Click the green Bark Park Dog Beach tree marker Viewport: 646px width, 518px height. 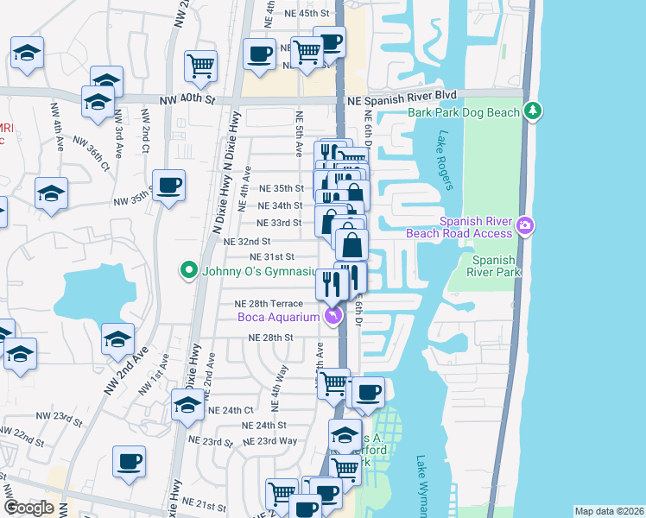click(x=534, y=111)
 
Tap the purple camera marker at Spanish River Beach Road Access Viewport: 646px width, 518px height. click(x=526, y=227)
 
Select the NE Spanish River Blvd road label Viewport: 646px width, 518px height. click(x=401, y=100)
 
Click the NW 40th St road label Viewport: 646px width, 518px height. click(x=188, y=100)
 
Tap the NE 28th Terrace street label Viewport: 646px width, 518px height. click(x=269, y=304)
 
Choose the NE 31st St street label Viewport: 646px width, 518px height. click(x=272, y=256)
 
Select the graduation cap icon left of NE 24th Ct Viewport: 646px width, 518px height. click(x=187, y=405)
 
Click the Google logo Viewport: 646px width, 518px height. click(x=28, y=508)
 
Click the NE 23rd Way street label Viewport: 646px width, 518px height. click(x=270, y=440)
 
